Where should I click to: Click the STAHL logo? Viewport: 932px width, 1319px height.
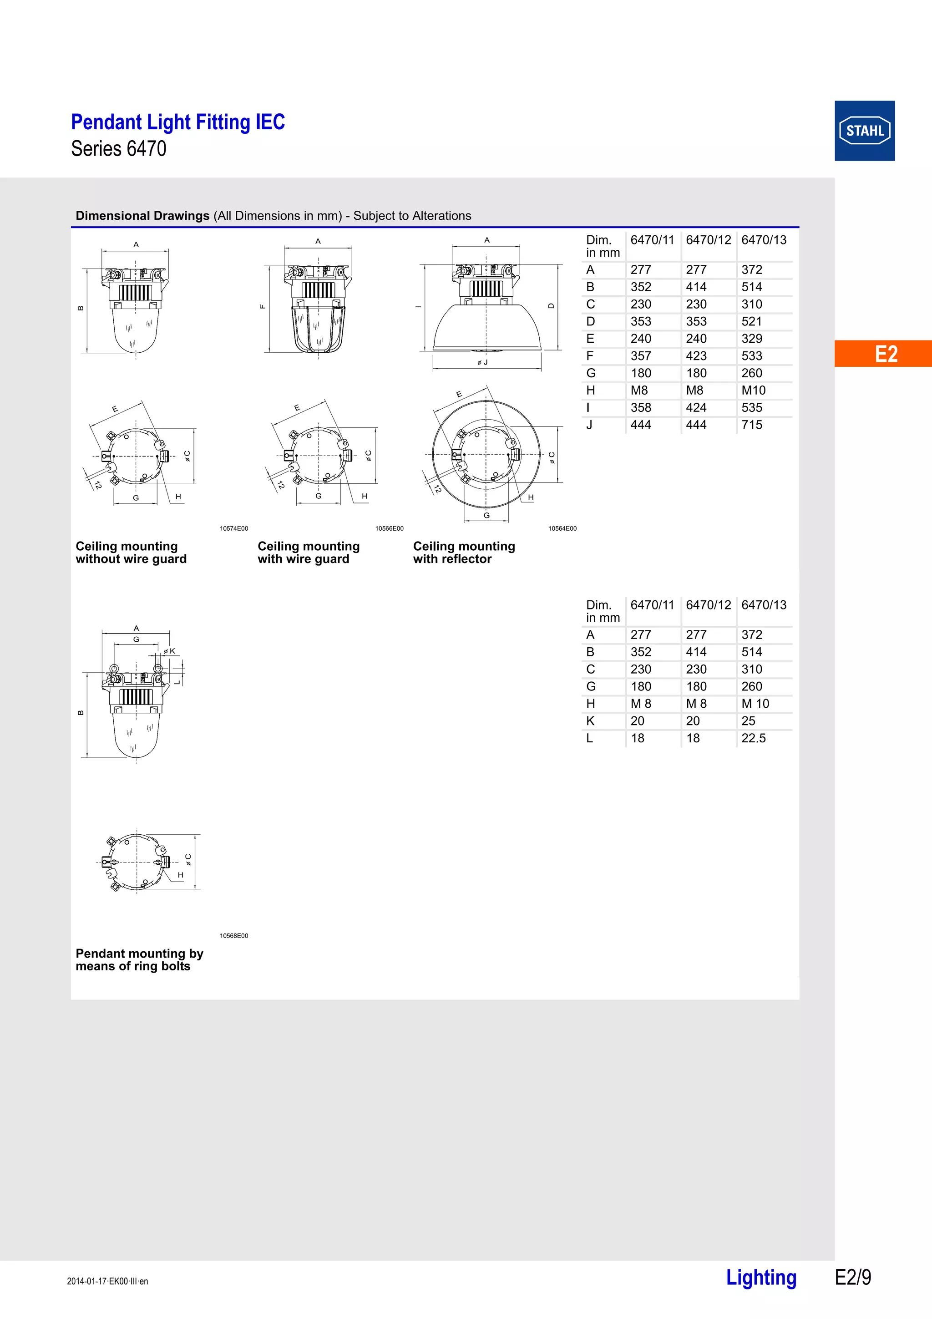click(864, 131)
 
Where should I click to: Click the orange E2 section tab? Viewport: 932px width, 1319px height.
click(885, 354)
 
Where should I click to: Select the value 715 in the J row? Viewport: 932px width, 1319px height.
click(752, 425)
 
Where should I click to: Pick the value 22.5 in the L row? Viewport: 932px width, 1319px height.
click(754, 738)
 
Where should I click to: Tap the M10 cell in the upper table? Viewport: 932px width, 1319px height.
click(754, 391)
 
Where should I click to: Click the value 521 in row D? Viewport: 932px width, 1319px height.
click(752, 322)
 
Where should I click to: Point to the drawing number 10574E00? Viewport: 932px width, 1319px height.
click(234, 528)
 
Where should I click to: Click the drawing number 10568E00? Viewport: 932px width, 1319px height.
click(234, 936)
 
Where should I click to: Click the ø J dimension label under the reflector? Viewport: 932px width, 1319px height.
click(482, 362)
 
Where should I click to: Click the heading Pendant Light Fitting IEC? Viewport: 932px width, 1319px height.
click(178, 122)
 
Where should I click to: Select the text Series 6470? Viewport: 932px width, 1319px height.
click(119, 149)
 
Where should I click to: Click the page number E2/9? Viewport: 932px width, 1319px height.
click(853, 1277)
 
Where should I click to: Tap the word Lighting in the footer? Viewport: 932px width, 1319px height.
click(761, 1277)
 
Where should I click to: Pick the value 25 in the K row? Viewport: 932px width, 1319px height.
click(748, 721)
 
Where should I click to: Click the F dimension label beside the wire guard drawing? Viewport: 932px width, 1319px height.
click(263, 306)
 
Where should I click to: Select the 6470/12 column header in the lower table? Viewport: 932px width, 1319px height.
click(708, 605)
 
